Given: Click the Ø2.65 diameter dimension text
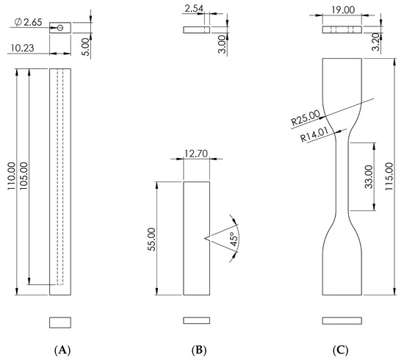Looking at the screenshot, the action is [28, 22].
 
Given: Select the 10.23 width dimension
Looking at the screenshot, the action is [23, 48].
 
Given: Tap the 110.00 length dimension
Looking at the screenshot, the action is [12, 176].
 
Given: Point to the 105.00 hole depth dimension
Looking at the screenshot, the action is [24, 176].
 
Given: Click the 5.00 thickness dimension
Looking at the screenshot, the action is [87, 47].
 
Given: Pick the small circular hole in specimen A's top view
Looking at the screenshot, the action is [60, 28].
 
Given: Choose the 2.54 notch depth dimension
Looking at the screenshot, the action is [194, 9].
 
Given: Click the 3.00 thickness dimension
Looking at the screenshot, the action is [222, 44].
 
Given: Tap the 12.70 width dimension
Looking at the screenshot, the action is [196, 154].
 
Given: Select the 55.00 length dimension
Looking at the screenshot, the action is [152, 240].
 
